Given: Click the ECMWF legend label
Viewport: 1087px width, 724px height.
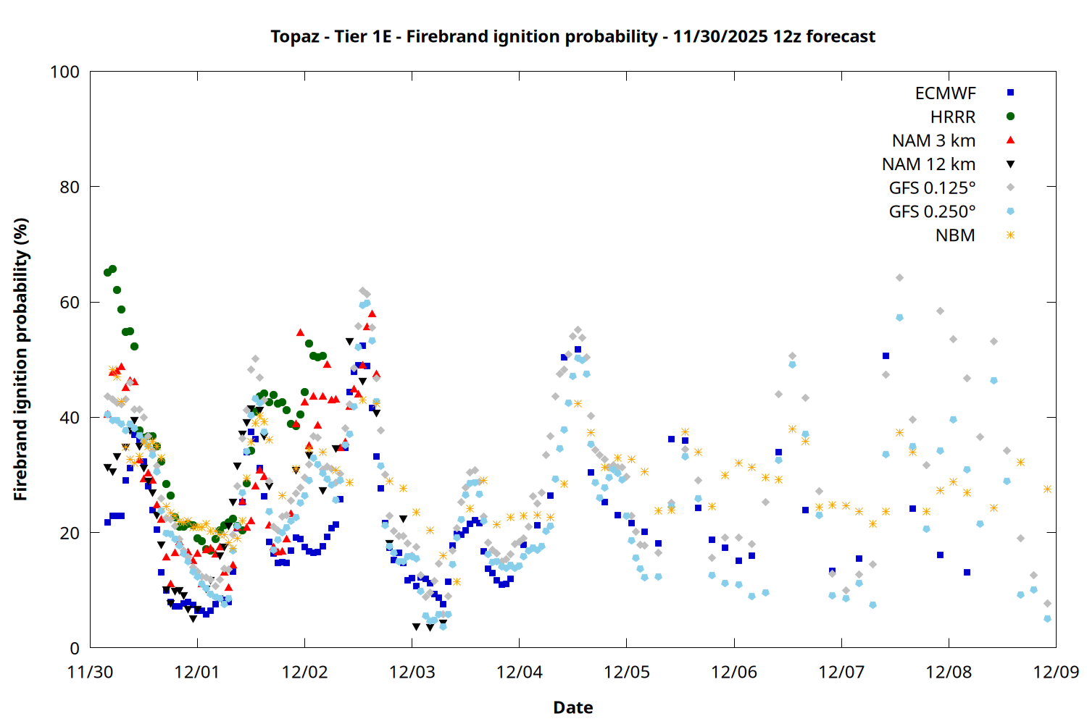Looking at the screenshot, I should (x=945, y=93).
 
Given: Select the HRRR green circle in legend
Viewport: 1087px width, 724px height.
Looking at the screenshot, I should (x=1010, y=117).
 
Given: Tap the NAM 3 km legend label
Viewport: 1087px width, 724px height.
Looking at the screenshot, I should (x=933, y=140).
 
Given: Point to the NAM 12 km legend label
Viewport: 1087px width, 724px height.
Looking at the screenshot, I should (x=928, y=164).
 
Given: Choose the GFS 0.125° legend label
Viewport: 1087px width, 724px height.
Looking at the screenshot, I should (x=932, y=188).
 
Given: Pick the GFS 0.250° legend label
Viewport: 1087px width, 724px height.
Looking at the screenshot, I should (x=932, y=212).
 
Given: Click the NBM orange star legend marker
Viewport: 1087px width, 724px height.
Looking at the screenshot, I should (x=1010, y=235).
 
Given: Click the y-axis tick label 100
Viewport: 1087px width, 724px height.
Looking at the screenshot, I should (x=64, y=72).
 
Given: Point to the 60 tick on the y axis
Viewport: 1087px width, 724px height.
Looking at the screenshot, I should (x=70, y=303).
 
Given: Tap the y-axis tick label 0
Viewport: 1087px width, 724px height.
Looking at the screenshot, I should (x=75, y=649).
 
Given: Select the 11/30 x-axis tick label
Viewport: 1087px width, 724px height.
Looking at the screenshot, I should (x=90, y=672).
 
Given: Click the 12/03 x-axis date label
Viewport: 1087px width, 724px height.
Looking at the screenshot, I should (x=412, y=672).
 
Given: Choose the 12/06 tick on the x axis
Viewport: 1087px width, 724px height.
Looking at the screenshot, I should (x=734, y=672).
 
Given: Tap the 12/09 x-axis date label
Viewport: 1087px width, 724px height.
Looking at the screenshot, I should (x=1056, y=672).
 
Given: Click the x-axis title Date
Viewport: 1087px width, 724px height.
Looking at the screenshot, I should (x=572, y=707).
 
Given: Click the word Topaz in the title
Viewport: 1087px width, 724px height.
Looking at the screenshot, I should (x=295, y=37).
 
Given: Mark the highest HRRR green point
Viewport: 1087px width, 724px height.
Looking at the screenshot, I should (x=112, y=269).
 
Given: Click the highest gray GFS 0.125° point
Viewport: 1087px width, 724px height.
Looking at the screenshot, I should (x=899, y=277).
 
